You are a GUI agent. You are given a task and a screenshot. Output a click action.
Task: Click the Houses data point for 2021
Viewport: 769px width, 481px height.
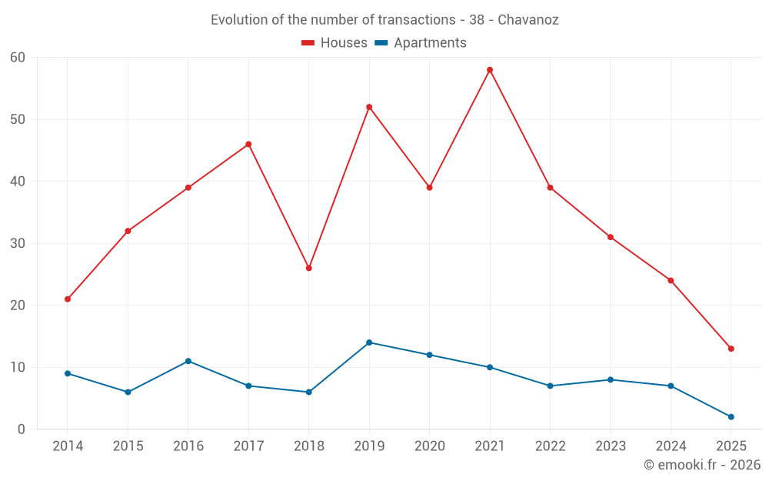[x=490, y=70]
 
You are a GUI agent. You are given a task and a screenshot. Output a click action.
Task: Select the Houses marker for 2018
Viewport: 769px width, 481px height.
[x=308, y=268]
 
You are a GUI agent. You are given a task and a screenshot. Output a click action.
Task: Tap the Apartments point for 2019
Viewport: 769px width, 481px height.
[x=369, y=342]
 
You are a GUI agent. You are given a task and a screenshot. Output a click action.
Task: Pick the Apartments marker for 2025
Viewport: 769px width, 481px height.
[x=731, y=416]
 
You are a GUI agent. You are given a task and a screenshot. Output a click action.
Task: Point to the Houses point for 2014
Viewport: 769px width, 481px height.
[x=68, y=299]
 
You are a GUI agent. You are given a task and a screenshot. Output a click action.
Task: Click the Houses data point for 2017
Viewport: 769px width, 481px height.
[x=248, y=144]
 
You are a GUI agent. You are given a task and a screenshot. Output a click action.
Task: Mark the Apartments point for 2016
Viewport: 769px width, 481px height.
[x=188, y=361]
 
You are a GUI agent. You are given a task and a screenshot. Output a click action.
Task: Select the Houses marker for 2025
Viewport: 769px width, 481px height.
[x=731, y=349]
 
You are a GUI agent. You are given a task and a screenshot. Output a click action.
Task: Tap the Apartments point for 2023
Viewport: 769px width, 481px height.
[x=611, y=379]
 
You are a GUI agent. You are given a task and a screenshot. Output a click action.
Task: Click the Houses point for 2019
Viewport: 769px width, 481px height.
[x=369, y=107]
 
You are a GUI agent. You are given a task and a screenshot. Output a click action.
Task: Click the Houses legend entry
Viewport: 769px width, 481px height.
[x=335, y=43]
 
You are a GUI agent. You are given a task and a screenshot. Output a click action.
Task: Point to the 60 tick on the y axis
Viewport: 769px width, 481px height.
[x=18, y=58]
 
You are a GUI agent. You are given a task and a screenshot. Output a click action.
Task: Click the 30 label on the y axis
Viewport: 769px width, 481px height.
[x=18, y=243]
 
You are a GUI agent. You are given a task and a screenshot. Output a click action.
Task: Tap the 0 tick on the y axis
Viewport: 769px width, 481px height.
[x=22, y=429]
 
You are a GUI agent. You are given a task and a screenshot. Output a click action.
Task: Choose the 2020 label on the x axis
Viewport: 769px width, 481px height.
[x=429, y=446]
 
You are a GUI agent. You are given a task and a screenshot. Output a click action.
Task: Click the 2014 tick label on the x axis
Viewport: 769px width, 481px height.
[x=68, y=446]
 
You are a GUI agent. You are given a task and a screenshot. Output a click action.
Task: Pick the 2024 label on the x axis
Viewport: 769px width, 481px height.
[x=671, y=446]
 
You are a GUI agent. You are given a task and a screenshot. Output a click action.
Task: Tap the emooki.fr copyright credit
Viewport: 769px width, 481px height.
[x=702, y=465]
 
